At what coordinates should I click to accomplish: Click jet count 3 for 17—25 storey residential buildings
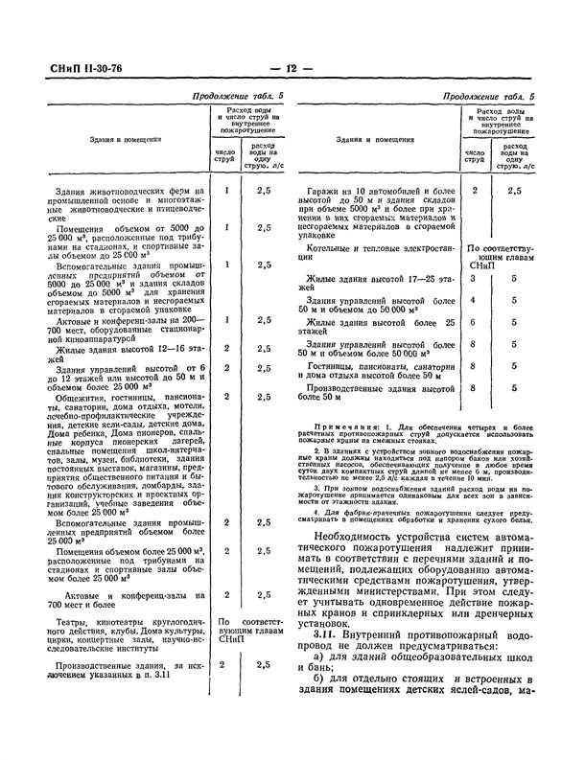473,279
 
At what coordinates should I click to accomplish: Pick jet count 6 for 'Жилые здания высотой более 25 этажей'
473,322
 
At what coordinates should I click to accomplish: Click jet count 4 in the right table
473,300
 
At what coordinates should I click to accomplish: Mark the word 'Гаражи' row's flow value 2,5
514,191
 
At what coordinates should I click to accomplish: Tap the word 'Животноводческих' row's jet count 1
226,191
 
